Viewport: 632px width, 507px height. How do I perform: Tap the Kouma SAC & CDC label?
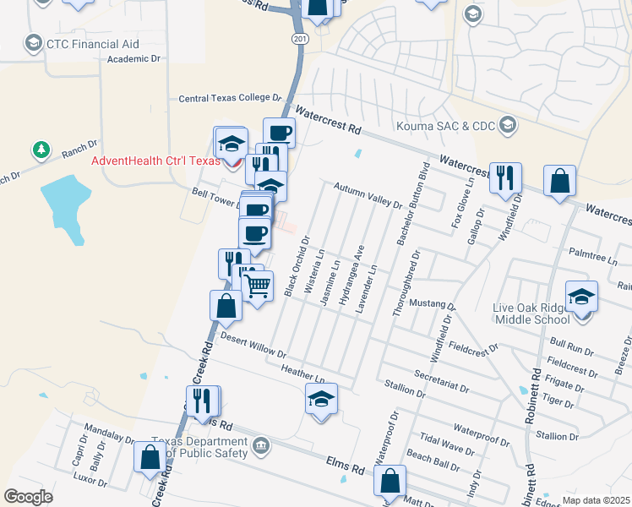click(x=454, y=125)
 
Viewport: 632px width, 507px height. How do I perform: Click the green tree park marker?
click(x=40, y=150)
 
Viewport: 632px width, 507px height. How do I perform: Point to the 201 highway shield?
click(x=300, y=39)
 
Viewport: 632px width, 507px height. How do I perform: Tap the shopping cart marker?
click(x=258, y=285)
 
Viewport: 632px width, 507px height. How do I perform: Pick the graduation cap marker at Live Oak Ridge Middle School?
click(x=581, y=297)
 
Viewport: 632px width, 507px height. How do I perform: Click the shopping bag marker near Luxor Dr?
click(x=150, y=457)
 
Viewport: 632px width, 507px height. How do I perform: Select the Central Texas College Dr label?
click(x=228, y=99)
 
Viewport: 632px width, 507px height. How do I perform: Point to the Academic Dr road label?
click(x=133, y=59)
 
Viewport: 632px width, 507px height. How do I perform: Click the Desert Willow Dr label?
click(x=253, y=343)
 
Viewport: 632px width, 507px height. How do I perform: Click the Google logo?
click(x=28, y=496)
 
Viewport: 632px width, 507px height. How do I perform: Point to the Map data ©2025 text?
click(x=596, y=499)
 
